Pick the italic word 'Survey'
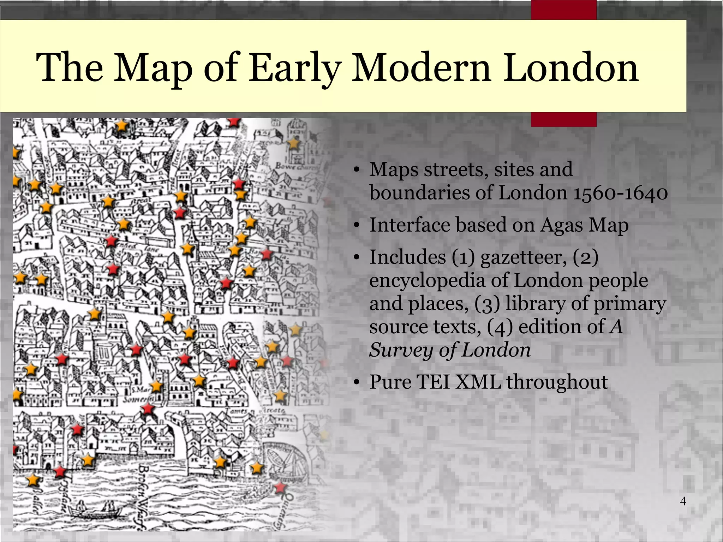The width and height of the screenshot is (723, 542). (x=401, y=350)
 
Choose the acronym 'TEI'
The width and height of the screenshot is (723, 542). (x=432, y=382)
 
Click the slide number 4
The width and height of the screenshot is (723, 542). (x=683, y=501)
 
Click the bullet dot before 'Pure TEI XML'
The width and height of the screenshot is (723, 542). (x=357, y=382)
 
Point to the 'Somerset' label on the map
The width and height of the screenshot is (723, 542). (x=138, y=400)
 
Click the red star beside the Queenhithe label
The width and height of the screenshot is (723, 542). (x=280, y=488)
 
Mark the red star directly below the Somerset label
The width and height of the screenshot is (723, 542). (x=148, y=410)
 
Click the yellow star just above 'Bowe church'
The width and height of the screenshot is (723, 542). (x=293, y=143)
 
